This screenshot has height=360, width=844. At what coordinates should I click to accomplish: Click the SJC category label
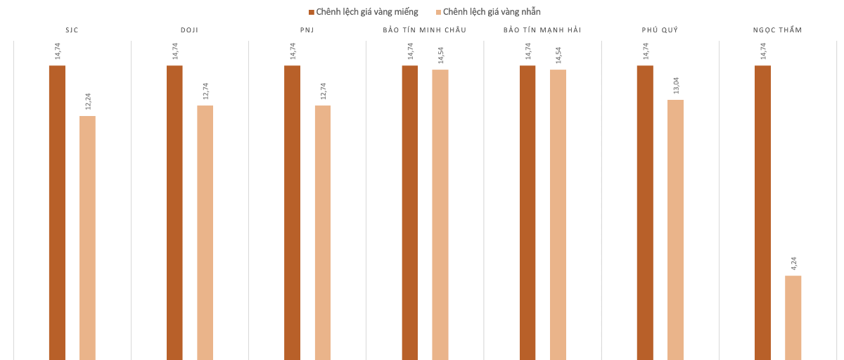72,30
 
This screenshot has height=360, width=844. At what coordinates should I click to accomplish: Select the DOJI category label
190,30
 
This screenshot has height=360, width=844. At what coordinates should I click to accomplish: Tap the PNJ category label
307,30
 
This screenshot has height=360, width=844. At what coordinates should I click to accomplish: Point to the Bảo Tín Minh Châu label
425,30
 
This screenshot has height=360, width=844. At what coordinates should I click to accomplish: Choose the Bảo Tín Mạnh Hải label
542,30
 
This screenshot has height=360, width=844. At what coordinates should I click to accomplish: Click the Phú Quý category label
660,30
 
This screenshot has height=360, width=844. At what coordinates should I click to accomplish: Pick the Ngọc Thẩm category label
777,30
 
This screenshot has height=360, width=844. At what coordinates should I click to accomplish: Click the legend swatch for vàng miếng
312,12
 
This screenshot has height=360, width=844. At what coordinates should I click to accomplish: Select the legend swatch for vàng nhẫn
438,12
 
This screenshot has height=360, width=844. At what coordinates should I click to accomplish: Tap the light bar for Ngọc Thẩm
793,317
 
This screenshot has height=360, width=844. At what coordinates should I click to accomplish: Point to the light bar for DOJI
205,232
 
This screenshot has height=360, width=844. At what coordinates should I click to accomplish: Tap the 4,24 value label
793,264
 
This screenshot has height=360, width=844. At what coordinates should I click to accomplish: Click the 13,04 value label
676,86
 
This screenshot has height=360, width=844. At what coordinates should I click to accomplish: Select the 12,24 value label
88,101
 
